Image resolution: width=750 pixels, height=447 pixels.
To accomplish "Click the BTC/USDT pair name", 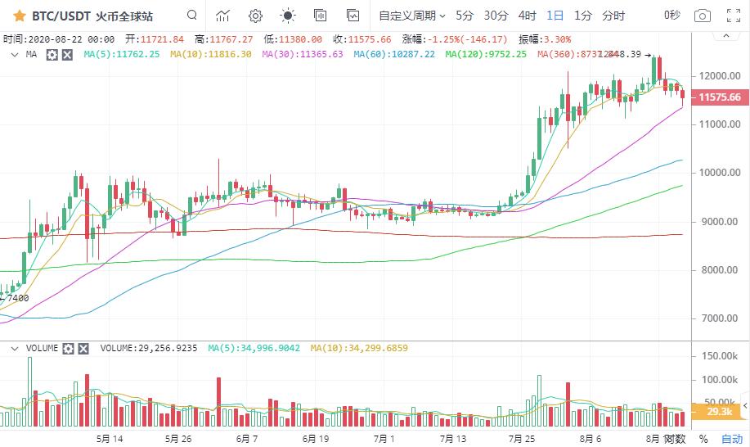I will click(61, 16).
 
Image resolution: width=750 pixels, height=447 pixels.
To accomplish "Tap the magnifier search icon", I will click(191, 16).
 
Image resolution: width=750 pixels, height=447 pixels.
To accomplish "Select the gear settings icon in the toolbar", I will click(255, 16).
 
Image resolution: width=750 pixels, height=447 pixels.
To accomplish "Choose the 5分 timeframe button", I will click(465, 16).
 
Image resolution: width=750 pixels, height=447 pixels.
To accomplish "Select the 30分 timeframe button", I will click(496, 16).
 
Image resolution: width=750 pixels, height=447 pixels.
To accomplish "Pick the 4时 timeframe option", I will click(528, 16).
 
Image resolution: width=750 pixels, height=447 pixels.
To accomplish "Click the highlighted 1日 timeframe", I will click(555, 16).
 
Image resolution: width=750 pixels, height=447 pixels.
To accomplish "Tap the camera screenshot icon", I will click(702, 16).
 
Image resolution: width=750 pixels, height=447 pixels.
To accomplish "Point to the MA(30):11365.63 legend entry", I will click(302, 54).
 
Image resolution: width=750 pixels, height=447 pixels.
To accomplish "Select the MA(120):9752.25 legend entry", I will click(486, 54).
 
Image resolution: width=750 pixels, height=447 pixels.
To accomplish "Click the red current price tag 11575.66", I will click(720, 97).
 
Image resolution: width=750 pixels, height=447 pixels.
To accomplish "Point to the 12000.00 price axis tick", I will click(721, 76).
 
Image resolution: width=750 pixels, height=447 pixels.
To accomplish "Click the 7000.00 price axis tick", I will click(721, 318).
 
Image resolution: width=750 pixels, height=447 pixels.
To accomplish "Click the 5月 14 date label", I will click(109, 439).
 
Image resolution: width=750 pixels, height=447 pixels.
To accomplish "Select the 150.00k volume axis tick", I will click(721, 356).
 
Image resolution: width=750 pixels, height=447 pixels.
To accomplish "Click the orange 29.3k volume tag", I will click(721, 412).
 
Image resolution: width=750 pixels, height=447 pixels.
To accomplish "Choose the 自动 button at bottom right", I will click(732, 439).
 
